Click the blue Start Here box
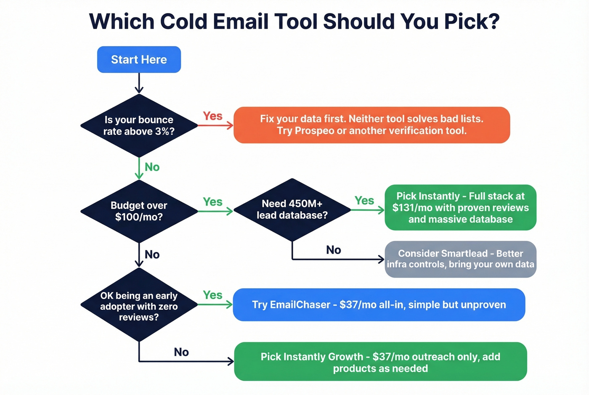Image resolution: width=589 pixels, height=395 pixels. [139, 59]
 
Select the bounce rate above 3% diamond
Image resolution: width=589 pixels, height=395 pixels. [139, 125]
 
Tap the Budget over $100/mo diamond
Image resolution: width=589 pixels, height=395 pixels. [139, 211]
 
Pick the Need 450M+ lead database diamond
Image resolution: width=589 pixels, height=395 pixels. [292, 209]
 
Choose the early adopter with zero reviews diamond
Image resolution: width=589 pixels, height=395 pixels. [139, 306]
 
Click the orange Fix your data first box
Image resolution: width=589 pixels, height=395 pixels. [371, 125]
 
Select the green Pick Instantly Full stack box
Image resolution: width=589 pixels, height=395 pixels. [460, 207]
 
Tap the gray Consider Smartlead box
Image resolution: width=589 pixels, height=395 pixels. [460, 259]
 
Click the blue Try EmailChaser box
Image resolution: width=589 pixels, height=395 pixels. [379, 305]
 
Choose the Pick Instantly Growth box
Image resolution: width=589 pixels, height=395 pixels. [380, 362]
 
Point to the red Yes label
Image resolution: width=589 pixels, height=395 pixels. [212, 116]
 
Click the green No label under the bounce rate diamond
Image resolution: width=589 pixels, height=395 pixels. [152, 167]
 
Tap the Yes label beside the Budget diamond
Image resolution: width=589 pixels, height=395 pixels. [212, 202]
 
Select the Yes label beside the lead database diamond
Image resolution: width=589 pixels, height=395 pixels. [364, 201]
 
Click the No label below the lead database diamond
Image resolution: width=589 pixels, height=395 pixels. [333, 250]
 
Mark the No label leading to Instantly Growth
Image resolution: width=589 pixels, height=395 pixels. [181, 352]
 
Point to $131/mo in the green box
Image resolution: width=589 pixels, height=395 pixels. [412, 208]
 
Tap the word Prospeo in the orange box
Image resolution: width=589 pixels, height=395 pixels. [314, 131]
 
